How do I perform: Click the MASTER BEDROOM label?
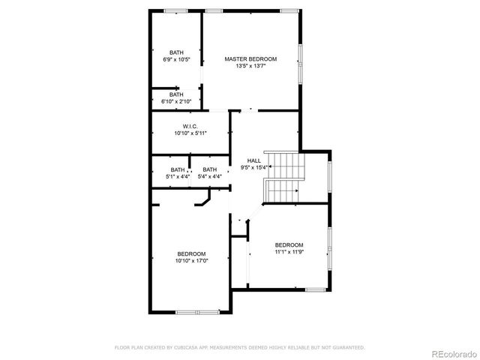pyautogui.click(x=251, y=58)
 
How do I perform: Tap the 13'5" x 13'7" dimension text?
pyautogui.click(x=251, y=66)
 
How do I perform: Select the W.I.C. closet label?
pyautogui.click(x=190, y=125)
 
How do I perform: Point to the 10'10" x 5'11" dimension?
pyautogui.click(x=190, y=133)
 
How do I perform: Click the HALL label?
pyautogui.click(x=254, y=160)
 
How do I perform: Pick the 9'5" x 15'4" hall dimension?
pyautogui.click(x=254, y=168)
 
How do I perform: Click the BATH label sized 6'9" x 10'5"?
pyautogui.click(x=176, y=52)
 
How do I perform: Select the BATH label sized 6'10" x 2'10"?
pyautogui.click(x=176, y=94)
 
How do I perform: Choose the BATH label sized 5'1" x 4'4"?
pyautogui.click(x=177, y=169)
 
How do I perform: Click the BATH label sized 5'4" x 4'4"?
pyautogui.click(x=209, y=169)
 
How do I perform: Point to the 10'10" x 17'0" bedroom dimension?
pyautogui.click(x=191, y=261)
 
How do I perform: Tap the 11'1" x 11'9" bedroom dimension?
pyautogui.click(x=289, y=253)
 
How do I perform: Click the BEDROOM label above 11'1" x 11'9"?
pyautogui.click(x=289, y=245)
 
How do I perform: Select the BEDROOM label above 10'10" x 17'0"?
pyautogui.click(x=191, y=253)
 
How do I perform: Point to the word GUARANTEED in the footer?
pyautogui.click(x=348, y=347)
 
